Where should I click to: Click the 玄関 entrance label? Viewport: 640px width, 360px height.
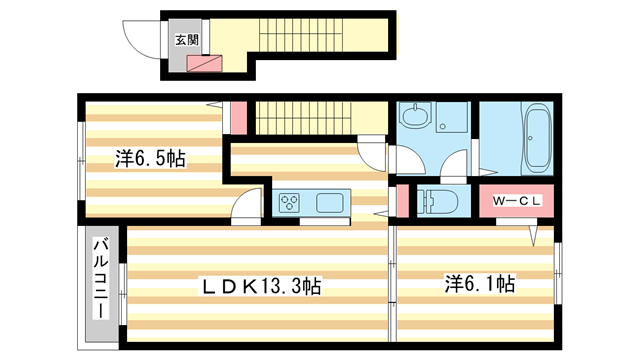[x=187, y=40]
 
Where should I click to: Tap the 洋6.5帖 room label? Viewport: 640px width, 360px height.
[x=150, y=158]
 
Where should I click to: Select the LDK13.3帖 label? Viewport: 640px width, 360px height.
[x=261, y=286]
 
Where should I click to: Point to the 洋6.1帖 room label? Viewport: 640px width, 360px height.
[x=480, y=284]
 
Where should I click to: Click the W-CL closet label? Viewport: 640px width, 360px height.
[x=517, y=201]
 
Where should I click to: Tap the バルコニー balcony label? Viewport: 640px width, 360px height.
[x=101, y=279]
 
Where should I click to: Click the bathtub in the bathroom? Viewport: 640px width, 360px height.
[x=537, y=139]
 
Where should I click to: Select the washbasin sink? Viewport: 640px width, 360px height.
[x=416, y=115]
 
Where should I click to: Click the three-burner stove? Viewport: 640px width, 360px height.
[x=289, y=202]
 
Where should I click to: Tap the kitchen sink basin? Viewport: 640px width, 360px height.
[x=329, y=202]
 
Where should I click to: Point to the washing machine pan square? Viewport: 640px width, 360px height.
[x=452, y=117]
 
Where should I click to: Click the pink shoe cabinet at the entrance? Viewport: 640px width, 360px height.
[x=204, y=64]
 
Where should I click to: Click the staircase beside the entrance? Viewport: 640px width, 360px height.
[x=301, y=35]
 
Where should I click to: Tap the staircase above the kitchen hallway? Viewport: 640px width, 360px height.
[x=304, y=118]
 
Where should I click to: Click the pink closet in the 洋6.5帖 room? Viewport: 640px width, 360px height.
[x=239, y=118]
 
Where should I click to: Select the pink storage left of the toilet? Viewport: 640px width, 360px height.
[x=403, y=201]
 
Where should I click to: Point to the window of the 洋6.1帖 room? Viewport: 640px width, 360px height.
[x=558, y=273]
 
